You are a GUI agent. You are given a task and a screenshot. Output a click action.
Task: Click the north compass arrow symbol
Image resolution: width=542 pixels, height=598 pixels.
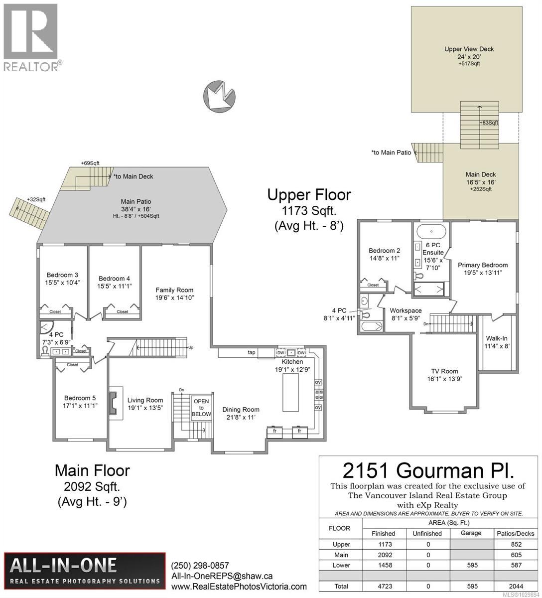219,94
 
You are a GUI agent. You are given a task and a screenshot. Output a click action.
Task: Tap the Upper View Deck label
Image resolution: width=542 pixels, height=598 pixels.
469,49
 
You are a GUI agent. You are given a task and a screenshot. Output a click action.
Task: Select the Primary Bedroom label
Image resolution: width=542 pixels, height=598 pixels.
482,265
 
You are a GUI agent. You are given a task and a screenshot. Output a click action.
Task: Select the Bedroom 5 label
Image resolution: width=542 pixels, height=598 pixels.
80,398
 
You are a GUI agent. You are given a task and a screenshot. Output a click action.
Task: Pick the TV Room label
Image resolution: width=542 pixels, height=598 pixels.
444,371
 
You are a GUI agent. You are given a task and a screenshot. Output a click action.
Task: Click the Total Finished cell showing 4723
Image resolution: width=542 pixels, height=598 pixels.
383,586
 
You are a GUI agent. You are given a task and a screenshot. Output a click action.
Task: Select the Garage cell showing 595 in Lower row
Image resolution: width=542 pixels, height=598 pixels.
471,565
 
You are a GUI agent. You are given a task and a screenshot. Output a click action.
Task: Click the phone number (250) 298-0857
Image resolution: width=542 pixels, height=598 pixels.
199,566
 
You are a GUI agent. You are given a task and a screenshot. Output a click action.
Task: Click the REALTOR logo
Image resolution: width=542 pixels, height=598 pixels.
31,37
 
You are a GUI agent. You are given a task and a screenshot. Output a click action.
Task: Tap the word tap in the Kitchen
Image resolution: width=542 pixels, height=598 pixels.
252,352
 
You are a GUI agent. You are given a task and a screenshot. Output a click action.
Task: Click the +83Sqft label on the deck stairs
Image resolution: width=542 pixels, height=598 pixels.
488,123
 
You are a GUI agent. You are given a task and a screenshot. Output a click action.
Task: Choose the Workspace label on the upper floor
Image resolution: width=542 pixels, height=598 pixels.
406,311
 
